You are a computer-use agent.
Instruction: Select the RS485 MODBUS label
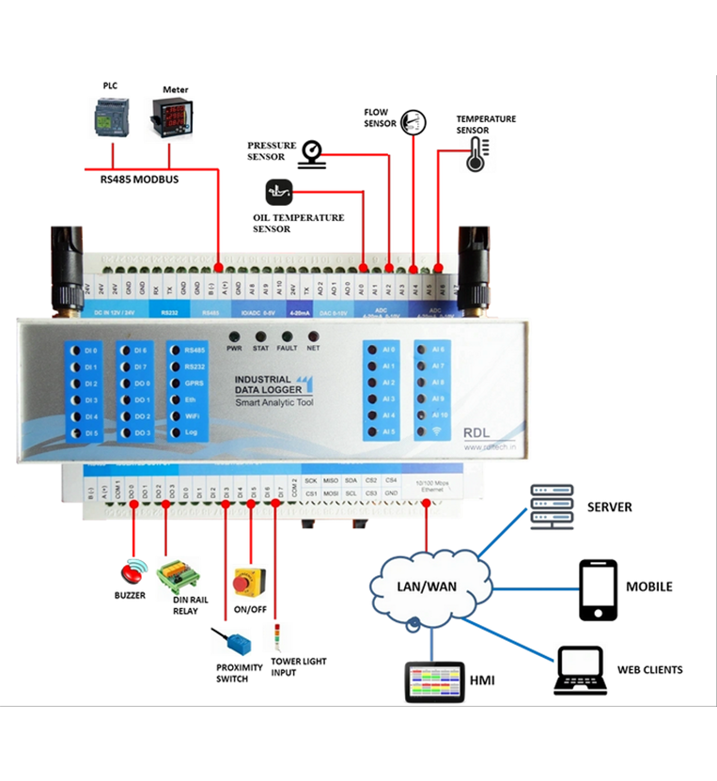[139, 179]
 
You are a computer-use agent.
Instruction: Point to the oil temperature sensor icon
[279, 193]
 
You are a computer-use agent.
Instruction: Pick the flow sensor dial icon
[413, 120]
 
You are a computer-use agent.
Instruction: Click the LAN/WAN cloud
[427, 586]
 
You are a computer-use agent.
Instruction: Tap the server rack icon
[550, 507]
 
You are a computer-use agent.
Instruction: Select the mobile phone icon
[597, 589]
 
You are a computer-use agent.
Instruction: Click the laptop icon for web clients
[578, 668]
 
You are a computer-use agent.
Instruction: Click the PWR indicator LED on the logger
[234, 336]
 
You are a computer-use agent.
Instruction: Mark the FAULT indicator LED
[288, 336]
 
